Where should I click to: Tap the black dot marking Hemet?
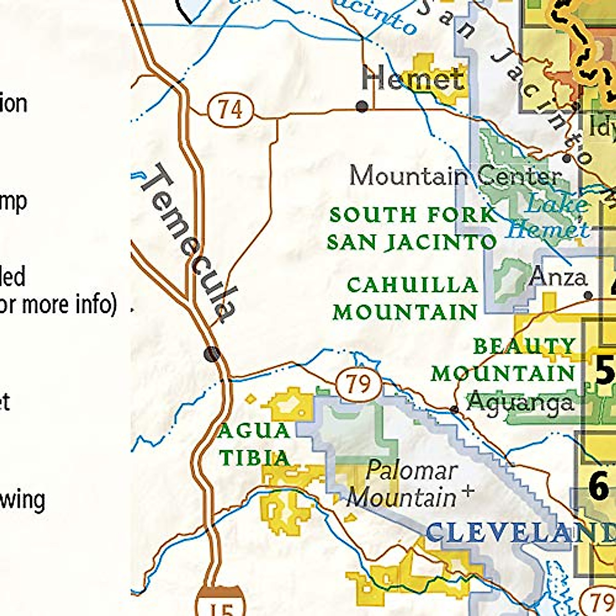point(362,106)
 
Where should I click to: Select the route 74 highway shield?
point(230,109)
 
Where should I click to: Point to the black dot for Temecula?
point(211,354)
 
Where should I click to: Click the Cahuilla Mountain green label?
point(406,298)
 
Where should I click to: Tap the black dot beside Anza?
point(588,295)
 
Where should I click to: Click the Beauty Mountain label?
point(503,360)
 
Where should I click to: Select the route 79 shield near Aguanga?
point(359,384)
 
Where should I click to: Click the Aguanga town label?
point(519,401)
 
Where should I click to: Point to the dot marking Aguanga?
point(454,409)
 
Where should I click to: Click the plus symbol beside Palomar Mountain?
point(468,491)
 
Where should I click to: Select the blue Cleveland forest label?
point(518,532)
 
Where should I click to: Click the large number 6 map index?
point(599,486)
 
